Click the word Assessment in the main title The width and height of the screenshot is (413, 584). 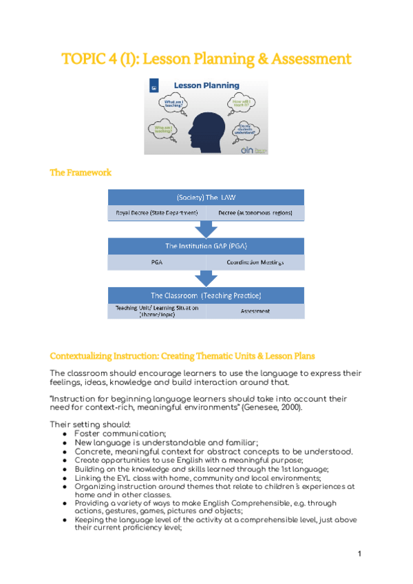pos(311,59)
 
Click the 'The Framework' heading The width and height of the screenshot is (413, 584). pos(81,172)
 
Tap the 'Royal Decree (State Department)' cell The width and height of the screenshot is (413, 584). pos(157,213)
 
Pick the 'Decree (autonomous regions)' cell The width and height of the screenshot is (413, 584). pos(255,213)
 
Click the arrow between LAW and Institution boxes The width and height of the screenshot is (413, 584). pos(206,229)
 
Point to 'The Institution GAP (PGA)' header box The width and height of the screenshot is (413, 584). pos(206,246)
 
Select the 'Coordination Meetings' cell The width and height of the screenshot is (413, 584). pos(255,262)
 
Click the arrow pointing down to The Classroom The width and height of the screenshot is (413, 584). pos(206,278)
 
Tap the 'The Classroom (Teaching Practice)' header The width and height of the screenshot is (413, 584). pos(206,295)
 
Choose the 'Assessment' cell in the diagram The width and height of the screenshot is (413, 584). pos(255,311)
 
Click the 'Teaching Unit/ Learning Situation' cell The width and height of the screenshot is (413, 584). pos(157,311)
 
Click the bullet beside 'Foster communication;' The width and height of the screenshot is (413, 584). pos(64,434)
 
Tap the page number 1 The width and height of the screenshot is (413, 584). pos(359,553)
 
